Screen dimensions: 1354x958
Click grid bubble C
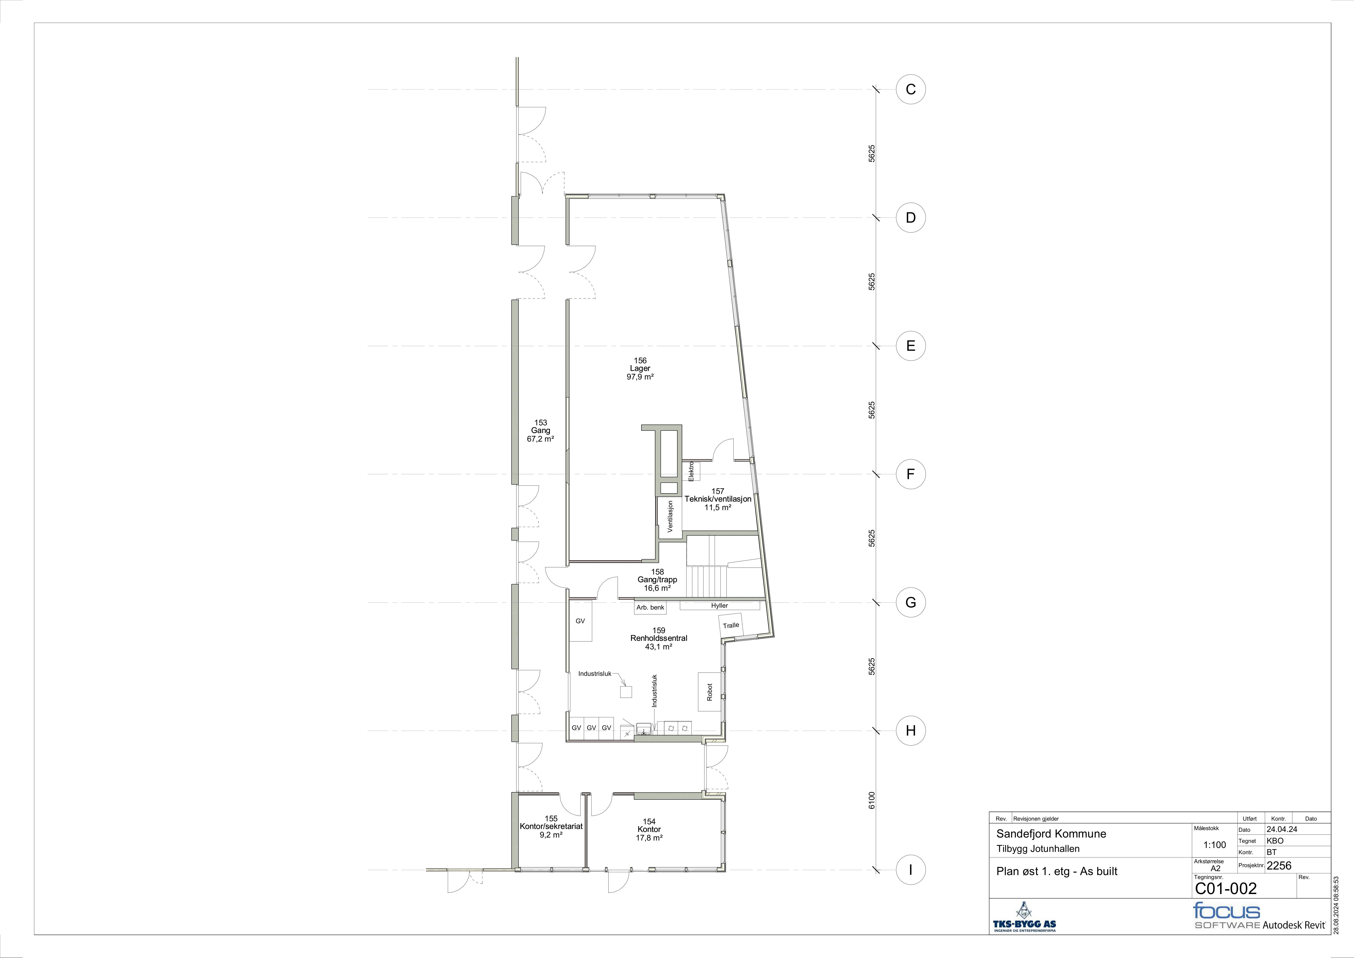click(x=911, y=90)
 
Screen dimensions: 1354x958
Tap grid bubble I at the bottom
click(x=911, y=869)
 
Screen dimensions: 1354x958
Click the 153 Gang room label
click(x=540, y=431)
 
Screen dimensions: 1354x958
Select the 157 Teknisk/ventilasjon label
click(x=718, y=499)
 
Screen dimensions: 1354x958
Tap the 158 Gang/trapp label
click(x=657, y=580)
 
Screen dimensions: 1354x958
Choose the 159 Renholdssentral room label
click(x=659, y=638)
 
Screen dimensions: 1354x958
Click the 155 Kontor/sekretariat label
click(x=551, y=826)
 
